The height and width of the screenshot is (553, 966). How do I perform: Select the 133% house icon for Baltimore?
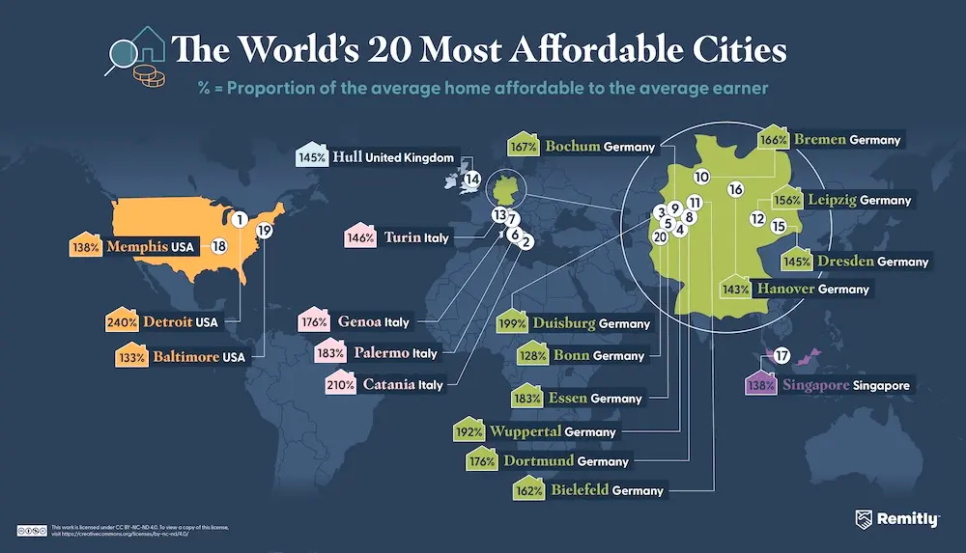tap(120, 357)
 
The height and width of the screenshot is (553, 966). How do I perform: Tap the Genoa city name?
tap(359, 321)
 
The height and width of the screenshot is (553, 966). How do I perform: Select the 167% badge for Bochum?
tap(522, 146)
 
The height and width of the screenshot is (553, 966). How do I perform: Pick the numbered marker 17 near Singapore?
tap(782, 354)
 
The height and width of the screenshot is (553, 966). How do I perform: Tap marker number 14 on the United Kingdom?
tap(471, 179)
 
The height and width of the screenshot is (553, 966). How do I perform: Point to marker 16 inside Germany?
tap(735, 189)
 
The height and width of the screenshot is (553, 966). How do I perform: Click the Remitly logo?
tap(896, 519)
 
